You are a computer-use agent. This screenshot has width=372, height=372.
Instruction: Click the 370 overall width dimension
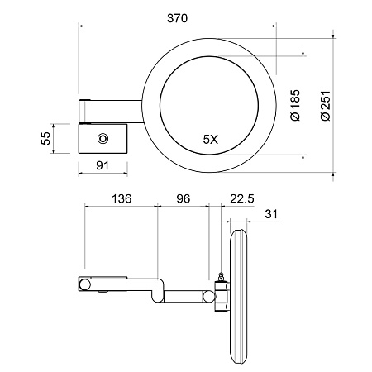pos(177,18)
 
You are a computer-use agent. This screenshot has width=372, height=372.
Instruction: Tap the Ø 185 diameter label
pos(295,105)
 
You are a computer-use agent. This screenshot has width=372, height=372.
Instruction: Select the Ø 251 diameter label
pos(326,106)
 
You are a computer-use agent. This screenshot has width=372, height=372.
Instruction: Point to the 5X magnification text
pos(211,140)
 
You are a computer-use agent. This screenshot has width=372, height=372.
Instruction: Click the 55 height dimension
pos(45,138)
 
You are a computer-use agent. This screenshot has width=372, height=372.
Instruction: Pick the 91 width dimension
pos(103,165)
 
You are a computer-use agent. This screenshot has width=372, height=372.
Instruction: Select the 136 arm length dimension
pos(122,198)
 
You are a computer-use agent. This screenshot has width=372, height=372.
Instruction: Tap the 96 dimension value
pos(184,198)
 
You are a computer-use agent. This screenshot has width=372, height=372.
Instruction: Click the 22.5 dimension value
pos(242,198)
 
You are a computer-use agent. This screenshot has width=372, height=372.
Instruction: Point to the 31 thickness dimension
pos(271,214)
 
